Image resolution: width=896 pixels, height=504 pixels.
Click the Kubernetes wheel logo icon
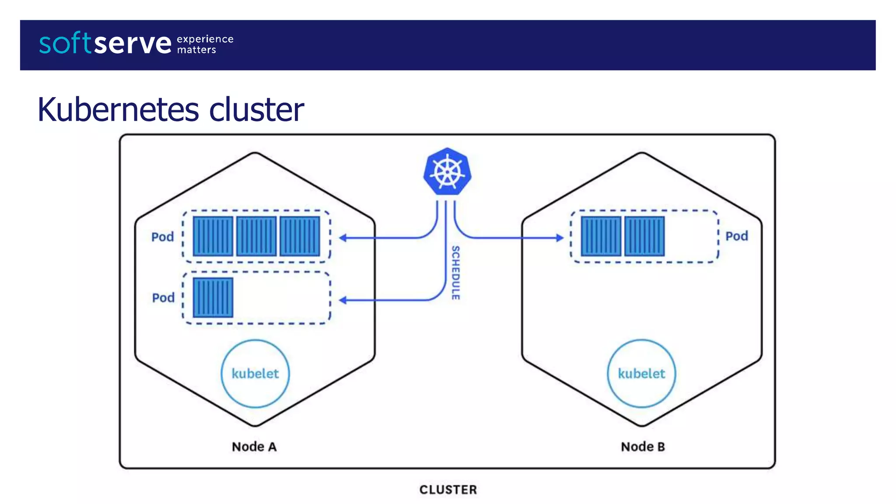tap(447, 172)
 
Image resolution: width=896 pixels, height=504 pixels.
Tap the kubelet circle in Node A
tap(255, 374)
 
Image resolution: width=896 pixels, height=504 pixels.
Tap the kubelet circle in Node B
tap(641, 374)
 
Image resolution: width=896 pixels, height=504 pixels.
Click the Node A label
tap(254, 447)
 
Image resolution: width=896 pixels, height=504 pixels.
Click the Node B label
tap(643, 447)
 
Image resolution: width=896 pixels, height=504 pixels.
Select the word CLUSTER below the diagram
tap(448, 490)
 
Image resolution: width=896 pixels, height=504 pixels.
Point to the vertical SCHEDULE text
tap(455, 273)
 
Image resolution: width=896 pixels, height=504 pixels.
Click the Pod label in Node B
tap(736, 236)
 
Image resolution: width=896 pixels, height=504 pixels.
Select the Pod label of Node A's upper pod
tap(162, 237)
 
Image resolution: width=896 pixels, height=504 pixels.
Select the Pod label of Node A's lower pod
tap(163, 298)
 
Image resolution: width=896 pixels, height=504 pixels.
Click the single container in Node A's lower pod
tap(213, 297)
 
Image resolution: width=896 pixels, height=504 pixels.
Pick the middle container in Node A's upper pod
tap(256, 236)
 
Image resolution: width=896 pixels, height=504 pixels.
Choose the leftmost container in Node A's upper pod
tap(213, 236)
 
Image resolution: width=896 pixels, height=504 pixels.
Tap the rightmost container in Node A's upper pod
tap(300, 236)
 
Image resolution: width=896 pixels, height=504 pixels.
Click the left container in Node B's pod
tap(601, 236)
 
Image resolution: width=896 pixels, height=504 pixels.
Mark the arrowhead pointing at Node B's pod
tap(560, 238)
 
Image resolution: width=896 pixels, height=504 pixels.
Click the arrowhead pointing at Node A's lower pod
tap(343, 300)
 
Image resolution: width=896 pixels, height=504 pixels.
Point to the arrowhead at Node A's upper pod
tap(343, 238)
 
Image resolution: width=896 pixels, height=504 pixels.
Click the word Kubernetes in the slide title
tap(118, 109)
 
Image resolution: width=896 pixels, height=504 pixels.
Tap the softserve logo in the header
tap(105, 43)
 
